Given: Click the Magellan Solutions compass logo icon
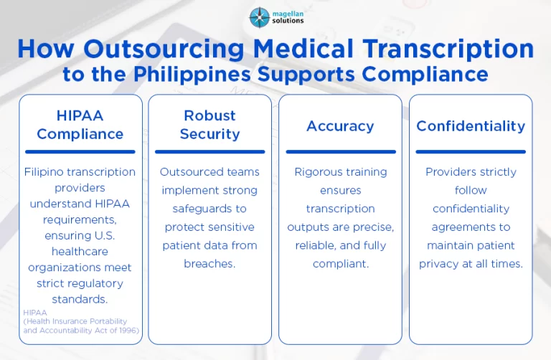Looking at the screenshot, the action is coord(259,17).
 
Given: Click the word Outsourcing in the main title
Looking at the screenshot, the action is coord(164,49).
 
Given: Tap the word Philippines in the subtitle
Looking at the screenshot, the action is coord(192,75).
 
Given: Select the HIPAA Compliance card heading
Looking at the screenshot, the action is coord(80,125).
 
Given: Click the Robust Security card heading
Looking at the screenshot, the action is coord(209,125).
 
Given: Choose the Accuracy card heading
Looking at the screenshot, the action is coord(340,126).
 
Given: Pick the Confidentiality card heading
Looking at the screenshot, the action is coord(471,126).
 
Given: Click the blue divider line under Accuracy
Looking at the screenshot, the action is coord(341,152).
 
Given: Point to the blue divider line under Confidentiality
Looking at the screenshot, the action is coord(471,152).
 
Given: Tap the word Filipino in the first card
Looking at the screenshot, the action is coord(44,172).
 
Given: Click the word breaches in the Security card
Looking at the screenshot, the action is coord(209,263).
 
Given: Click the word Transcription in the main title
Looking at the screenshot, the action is coord(448,49).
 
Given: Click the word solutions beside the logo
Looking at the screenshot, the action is coord(288,21).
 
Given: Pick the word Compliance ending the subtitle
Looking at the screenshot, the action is coord(425,75).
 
